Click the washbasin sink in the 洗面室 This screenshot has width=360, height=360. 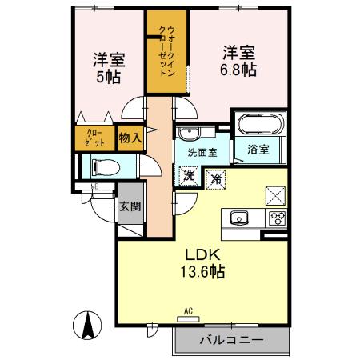tap(190, 133)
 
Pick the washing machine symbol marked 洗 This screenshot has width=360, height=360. tap(188, 175)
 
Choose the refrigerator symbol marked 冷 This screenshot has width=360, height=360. tap(215, 178)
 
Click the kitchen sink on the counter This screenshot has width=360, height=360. tap(239, 218)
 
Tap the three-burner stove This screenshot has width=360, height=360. tap(278, 218)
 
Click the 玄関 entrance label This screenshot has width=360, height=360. tap(129, 206)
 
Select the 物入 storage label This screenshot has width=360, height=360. tap(130, 138)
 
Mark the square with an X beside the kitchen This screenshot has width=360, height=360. tap(274, 194)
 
